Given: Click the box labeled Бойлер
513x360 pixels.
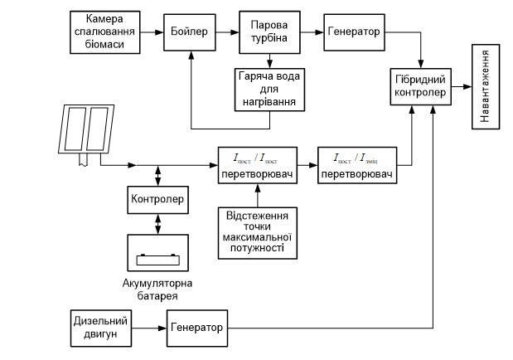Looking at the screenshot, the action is click(x=190, y=32).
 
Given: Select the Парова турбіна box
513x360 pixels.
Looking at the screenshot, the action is click(x=269, y=32).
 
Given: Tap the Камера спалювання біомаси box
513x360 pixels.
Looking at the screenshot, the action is click(x=105, y=32).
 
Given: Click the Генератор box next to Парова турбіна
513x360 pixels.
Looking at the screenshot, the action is click(x=355, y=32).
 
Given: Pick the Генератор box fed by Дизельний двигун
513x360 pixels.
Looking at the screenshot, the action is click(x=197, y=328).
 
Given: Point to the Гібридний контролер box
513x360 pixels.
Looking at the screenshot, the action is click(x=421, y=86).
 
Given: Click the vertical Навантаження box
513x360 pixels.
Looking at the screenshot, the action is click(x=486, y=86).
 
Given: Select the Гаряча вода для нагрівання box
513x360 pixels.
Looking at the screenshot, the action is click(x=269, y=90).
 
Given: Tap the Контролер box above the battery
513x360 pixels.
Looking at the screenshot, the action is click(x=157, y=200).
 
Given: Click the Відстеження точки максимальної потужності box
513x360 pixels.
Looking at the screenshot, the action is click(x=258, y=233).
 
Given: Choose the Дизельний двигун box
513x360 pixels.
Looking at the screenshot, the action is click(x=101, y=328).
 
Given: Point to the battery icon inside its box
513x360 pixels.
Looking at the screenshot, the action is click(x=158, y=260).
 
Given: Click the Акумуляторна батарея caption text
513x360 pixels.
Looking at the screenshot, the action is click(x=157, y=289).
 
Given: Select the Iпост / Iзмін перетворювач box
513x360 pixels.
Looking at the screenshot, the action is click(x=357, y=165).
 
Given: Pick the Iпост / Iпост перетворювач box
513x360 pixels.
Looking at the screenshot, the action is click(x=258, y=165).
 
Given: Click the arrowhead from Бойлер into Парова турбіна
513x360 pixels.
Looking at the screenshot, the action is click(x=235, y=32).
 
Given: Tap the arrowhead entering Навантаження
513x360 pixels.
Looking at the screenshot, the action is click(x=467, y=86).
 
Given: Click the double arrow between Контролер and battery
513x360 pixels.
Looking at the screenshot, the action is click(x=158, y=224).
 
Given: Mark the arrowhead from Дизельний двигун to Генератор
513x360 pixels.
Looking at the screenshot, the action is click(x=162, y=328).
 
